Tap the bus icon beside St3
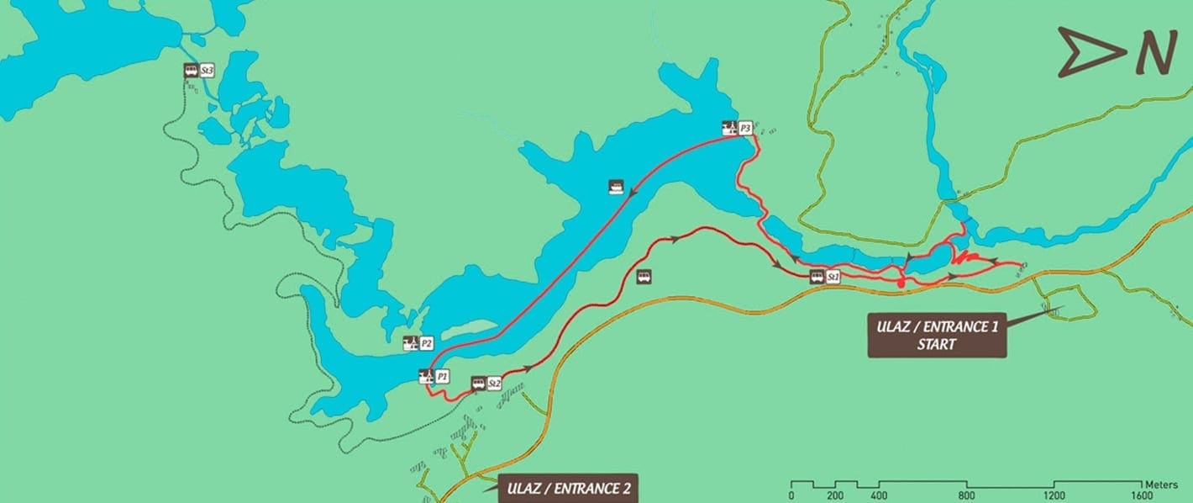click(x=191, y=71)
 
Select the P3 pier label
click(x=744, y=128)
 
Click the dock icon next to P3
click(x=729, y=128)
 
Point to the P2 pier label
click(x=426, y=343)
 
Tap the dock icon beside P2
click(x=411, y=343)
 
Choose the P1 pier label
click(x=442, y=376)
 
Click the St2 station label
click(x=494, y=384)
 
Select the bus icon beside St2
click(x=478, y=384)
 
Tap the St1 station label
click(x=833, y=276)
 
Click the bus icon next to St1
click(x=817, y=276)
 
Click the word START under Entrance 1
click(x=937, y=344)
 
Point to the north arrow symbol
click(x=1089, y=52)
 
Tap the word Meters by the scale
click(x=1163, y=484)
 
